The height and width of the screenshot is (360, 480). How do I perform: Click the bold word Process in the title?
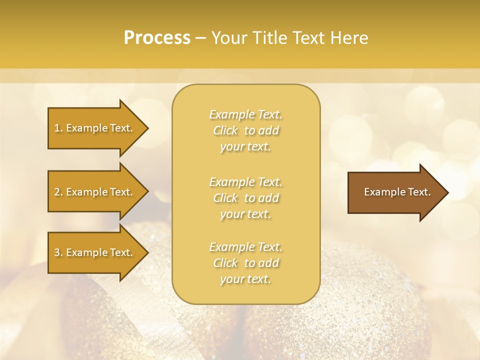point(157,38)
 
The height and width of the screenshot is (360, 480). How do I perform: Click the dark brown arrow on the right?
point(395,192)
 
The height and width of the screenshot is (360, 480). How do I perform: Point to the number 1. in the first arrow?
point(58,128)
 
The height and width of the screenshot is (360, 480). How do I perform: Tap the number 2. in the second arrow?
point(58,192)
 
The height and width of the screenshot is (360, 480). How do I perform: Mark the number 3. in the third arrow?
point(58,252)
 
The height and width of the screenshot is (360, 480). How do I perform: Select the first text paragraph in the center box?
point(245,130)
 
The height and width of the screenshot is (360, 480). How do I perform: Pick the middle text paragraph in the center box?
point(245,198)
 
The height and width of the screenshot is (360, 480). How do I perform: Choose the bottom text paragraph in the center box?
point(245,263)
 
